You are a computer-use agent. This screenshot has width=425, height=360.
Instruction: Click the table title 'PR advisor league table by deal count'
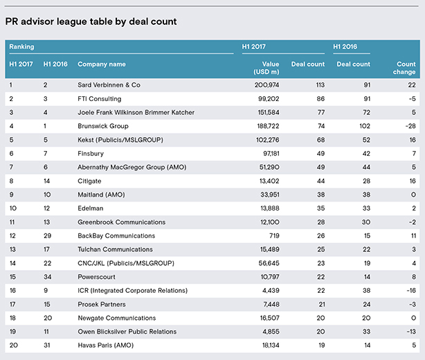coord(91,21)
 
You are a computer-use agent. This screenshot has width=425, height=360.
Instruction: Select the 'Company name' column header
coord(102,64)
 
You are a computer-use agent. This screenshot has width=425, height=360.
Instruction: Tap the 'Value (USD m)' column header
coord(266,68)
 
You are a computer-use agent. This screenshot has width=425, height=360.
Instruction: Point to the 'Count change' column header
coord(404,68)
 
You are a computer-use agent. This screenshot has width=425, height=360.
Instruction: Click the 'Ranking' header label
coord(21,46)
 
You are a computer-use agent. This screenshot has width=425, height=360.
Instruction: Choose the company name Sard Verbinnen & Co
coord(109,85)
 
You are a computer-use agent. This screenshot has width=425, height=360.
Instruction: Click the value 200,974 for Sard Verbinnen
coord(266,85)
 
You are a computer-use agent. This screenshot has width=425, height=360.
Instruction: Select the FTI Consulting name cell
coord(100,99)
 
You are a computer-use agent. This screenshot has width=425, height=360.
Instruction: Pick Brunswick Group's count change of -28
coord(410,126)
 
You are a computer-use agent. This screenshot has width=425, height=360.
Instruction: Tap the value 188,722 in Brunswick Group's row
coord(268,126)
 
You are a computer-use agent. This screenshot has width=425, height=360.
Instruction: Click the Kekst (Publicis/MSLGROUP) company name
coord(120,140)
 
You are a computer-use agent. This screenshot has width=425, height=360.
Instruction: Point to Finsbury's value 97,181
coord(271,154)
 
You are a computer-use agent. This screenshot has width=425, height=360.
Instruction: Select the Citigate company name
coord(89,181)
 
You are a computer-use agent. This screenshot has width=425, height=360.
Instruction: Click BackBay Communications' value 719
coord(274,235)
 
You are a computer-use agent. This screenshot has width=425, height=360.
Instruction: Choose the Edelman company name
coord(91,208)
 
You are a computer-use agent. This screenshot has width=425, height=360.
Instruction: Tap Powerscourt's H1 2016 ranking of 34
coord(48,277)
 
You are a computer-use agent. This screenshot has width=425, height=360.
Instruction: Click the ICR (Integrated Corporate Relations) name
coord(132,291)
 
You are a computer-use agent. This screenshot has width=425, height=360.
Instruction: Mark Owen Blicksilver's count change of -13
coord(411,332)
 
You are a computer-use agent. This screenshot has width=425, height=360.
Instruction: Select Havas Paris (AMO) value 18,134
coord(271,345)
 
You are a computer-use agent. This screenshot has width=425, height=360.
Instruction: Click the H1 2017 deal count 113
coord(320,85)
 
